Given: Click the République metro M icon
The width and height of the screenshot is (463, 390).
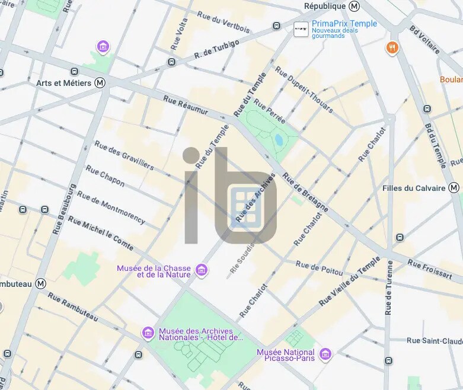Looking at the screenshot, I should (355, 6).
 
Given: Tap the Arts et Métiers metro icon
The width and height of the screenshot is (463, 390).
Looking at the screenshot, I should (100, 83).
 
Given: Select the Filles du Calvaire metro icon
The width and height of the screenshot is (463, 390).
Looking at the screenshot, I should (454, 188).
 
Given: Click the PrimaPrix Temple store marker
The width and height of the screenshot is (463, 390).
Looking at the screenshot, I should (301, 28).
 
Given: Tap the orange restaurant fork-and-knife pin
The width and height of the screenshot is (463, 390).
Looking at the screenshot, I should (392, 48).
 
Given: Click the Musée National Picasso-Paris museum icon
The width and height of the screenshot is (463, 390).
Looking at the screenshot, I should (325, 355).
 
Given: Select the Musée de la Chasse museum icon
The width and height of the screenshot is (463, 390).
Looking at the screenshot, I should (202, 271).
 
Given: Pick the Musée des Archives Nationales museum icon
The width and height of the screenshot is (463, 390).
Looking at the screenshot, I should (148, 334).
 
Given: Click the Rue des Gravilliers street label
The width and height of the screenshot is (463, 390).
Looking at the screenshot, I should (124, 155).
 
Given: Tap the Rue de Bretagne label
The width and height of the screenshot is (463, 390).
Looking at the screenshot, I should (305, 192).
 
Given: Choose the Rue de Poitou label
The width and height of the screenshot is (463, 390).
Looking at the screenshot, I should (319, 268).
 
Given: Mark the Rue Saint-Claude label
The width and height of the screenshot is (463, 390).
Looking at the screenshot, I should (435, 341).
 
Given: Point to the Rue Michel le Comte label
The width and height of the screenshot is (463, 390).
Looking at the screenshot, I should (100, 232).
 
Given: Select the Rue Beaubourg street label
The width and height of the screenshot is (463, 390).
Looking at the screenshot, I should (65, 209).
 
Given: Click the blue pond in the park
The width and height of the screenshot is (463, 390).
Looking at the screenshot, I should (279, 140).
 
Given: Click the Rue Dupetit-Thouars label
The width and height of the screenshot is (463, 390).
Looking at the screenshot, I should (304, 89).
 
